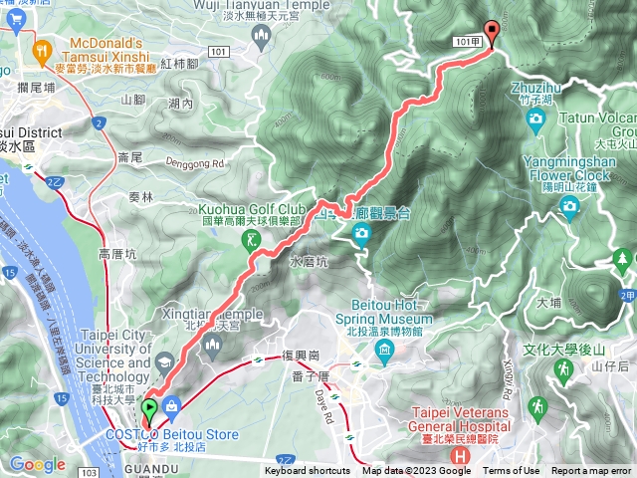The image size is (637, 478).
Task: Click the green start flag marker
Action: point(149,407)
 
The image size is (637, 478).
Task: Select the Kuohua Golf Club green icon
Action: point(254,238)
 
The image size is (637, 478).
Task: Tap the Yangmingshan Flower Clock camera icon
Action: point(570,205)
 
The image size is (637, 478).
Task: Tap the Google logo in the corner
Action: point(37,464)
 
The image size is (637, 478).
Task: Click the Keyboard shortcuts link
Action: point(307,471)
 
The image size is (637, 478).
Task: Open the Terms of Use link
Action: point(512,471)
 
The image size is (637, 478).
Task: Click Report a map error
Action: point(591,471)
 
